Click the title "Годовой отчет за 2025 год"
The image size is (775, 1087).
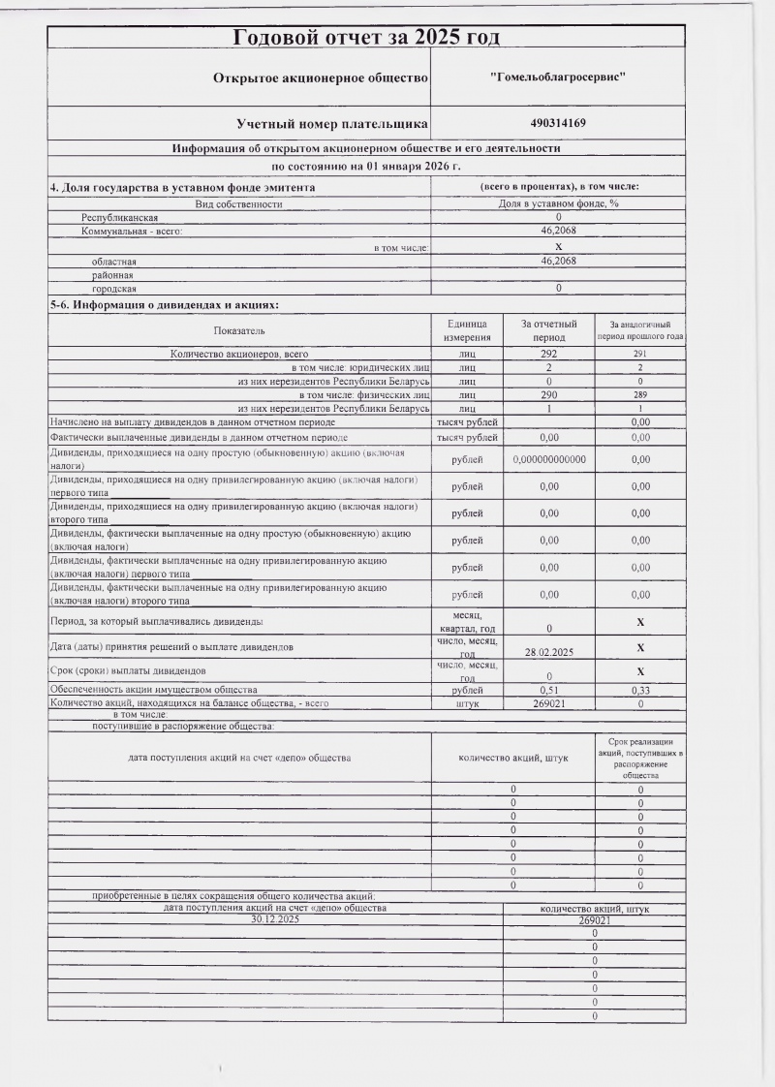coord(366,37)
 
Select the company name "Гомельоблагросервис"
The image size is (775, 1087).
coord(558,76)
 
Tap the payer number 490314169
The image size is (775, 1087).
coord(558,123)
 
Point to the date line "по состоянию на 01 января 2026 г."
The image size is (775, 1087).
coord(366,167)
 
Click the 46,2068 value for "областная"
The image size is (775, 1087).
coord(558,261)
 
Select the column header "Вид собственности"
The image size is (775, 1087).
coord(238,203)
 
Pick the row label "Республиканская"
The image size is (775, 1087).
coord(119,217)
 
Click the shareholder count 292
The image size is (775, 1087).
coord(549,355)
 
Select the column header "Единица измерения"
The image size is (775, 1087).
coord(467,330)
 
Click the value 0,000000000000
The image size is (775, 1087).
coord(549,459)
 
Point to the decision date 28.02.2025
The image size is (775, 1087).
coord(549,652)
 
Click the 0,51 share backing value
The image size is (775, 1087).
coord(549,690)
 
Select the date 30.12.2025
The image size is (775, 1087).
coord(276,919)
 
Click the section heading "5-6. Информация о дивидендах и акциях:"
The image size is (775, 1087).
coord(165,305)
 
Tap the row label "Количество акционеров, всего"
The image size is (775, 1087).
coord(238,355)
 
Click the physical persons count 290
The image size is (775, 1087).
coord(549,395)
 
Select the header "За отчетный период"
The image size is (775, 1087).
coord(549,330)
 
